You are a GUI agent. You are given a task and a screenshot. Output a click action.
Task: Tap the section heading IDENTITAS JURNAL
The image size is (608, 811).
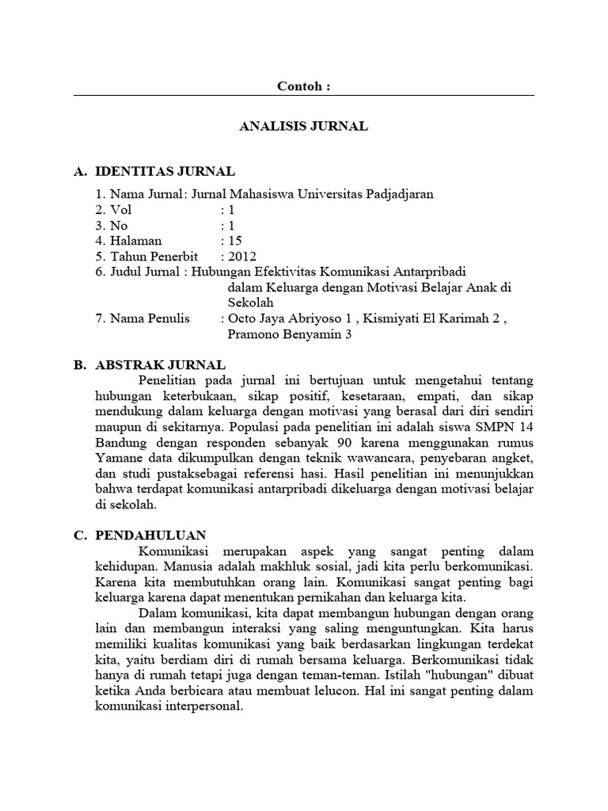pyautogui.click(x=165, y=171)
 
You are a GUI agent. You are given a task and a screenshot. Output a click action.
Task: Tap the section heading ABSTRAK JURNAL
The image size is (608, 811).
pyautogui.click(x=161, y=365)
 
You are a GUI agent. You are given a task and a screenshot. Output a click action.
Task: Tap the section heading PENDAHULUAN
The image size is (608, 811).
pyautogui.click(x=150, y=535)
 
